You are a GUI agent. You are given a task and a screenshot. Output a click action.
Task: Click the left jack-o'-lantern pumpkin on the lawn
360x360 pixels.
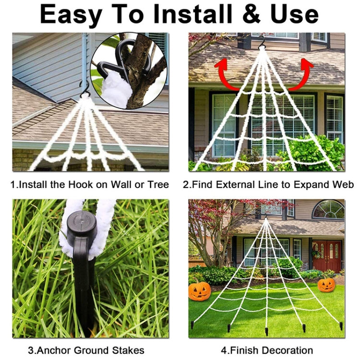click(199, 291)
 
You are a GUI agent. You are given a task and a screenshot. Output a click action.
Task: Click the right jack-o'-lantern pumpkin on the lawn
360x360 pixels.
click(326, 285)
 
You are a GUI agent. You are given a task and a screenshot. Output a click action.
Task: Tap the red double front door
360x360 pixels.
click(327, 255)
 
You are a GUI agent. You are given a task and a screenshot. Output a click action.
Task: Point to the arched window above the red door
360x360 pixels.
click(328, 209)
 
